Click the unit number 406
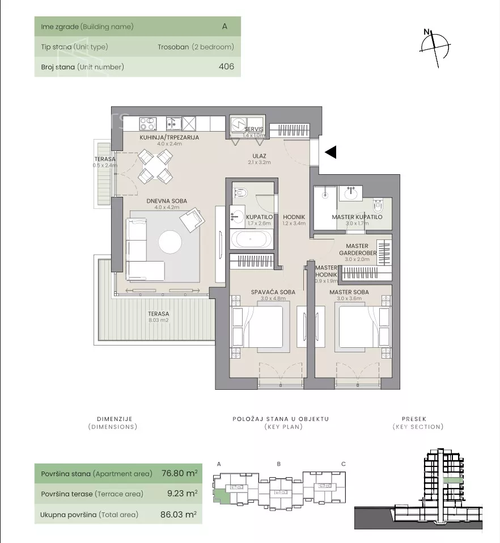(226, 66)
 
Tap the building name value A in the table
(224, 26)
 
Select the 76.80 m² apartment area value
(179, 473)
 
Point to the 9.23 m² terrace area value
(183, 493)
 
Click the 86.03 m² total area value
(179, 514)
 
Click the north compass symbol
(435, 48)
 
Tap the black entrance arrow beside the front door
(331, 152)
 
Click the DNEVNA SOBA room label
(167, 201)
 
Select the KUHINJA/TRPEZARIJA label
(169, 137)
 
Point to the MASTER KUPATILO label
(357, 217)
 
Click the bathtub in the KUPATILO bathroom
(251, 239)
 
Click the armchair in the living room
(192, 220)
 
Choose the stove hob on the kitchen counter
(148, 124)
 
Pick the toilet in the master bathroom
(377, 206)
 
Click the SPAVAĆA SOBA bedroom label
(273, 292)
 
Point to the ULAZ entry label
(259, 156)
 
